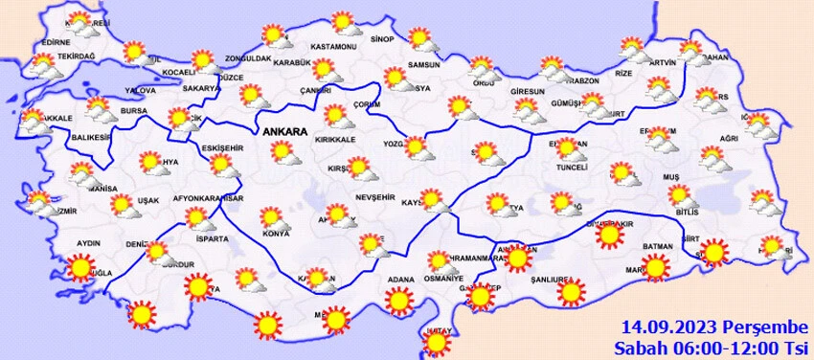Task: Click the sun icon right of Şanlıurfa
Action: [x=571, y=291]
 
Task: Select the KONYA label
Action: [x=276, y=234]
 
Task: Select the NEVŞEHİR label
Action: [x=374, y=196]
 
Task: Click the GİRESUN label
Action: [x=528, y=91]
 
